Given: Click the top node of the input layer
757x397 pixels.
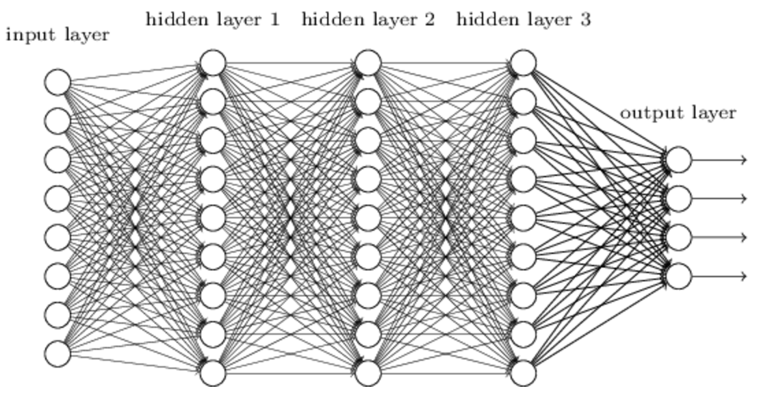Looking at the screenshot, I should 57,82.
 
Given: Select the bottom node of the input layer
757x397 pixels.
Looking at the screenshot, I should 57,354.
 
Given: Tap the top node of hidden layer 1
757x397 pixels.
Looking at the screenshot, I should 213,63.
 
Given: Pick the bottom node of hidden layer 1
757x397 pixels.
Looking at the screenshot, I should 213,373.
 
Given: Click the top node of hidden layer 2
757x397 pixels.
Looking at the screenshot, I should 368,63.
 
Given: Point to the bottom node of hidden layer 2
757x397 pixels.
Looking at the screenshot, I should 368,373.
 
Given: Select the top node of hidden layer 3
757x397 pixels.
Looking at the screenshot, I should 524,63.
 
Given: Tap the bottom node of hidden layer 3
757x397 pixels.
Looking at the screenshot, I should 524,373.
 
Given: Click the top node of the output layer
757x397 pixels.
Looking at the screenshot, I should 679,160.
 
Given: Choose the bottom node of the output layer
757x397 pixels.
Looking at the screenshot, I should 679,277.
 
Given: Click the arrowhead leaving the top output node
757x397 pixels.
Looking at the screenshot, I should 743,160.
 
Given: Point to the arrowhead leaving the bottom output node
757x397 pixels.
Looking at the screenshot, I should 743,277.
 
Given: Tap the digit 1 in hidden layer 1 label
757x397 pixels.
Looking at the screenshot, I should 275,19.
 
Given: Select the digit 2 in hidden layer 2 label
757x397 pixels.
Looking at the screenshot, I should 430,19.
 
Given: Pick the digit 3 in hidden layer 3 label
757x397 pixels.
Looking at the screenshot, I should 585,19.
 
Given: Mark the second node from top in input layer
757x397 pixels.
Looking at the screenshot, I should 57,121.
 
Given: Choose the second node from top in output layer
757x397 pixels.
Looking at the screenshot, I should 679,199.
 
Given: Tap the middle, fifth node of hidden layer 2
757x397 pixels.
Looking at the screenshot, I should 368,218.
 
